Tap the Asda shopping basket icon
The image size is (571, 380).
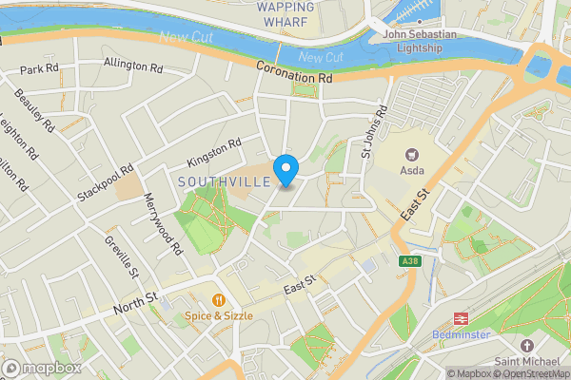[x=412, y=153]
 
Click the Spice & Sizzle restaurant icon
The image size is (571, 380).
[x=218, y=298]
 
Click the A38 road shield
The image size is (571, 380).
[x=410, y=261]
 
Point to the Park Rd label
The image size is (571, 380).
[x=39, y=69]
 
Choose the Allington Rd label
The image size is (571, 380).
[x=133, y=66]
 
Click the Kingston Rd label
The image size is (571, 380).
[x=214, y=150]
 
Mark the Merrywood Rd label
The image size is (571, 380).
[x=163, y=225]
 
